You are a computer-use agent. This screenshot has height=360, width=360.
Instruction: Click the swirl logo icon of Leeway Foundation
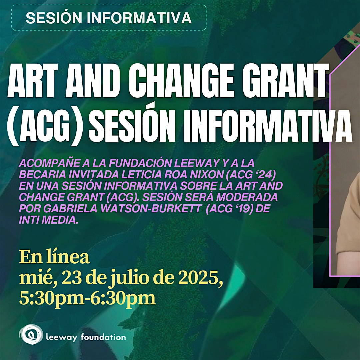31,334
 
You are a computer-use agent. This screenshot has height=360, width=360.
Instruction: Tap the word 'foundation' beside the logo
103,337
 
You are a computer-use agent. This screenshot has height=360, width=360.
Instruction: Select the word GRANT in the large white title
285,81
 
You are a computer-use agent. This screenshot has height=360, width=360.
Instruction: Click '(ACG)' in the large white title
44,127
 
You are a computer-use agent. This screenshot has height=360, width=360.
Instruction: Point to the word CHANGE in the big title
181,81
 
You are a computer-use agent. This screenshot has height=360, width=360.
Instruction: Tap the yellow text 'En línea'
54,257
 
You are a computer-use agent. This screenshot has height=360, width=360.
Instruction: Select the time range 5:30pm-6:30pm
87,298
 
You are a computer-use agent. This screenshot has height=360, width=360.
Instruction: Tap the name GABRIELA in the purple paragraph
70,209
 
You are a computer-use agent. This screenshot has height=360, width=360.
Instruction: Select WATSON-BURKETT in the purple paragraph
151,209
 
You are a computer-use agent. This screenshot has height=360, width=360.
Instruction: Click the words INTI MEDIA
49,220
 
